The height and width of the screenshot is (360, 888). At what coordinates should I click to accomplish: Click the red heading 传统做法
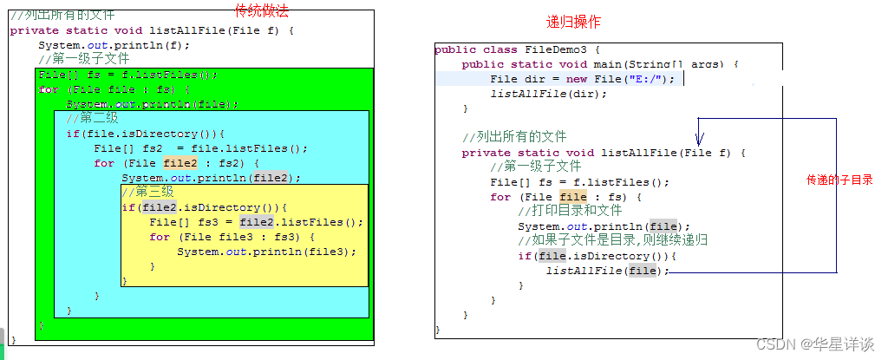261,10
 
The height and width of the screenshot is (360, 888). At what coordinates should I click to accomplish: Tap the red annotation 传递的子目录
839,180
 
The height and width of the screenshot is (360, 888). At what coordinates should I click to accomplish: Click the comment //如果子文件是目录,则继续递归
613,240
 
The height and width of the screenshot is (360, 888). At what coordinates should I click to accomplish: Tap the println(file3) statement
267,252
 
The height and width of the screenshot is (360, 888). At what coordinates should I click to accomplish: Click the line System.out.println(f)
114,45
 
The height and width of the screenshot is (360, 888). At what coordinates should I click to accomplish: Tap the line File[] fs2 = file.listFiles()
200,148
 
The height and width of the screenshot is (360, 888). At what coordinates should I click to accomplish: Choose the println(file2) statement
211,178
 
